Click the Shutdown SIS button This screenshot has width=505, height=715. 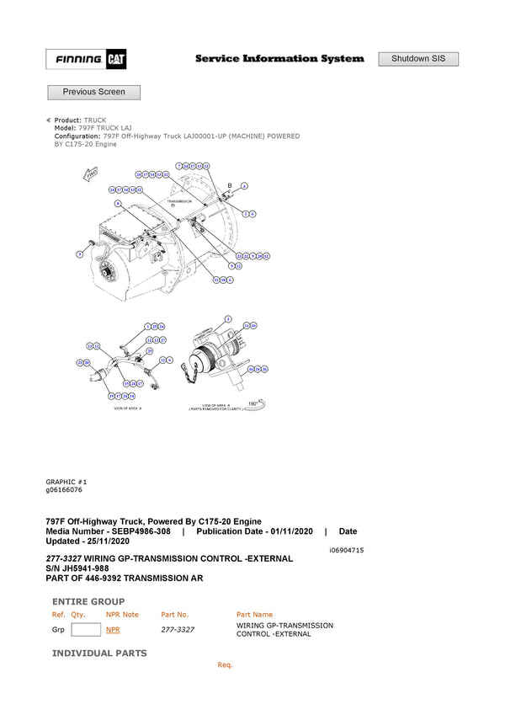click(418, 59)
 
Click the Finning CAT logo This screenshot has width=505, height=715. click(86, 60)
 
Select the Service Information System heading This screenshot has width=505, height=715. click(279, 59)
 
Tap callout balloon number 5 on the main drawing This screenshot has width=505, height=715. click(79, 253)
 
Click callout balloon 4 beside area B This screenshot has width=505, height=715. click(244, 185)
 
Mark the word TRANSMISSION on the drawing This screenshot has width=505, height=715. click(179, 202)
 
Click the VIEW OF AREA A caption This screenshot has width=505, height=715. click(128, 408)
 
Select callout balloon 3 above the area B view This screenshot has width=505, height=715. click(227, 318)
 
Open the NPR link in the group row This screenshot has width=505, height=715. click(113, 629)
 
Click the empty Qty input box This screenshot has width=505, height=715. click(86, 629)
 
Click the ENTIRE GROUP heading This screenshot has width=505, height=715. click(88, 601)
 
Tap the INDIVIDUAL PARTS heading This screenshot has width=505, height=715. click(99, 653)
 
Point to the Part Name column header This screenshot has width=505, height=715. click(254, 615)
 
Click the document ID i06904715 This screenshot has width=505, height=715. click(346, 550)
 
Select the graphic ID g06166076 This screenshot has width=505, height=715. click(64, 489)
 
